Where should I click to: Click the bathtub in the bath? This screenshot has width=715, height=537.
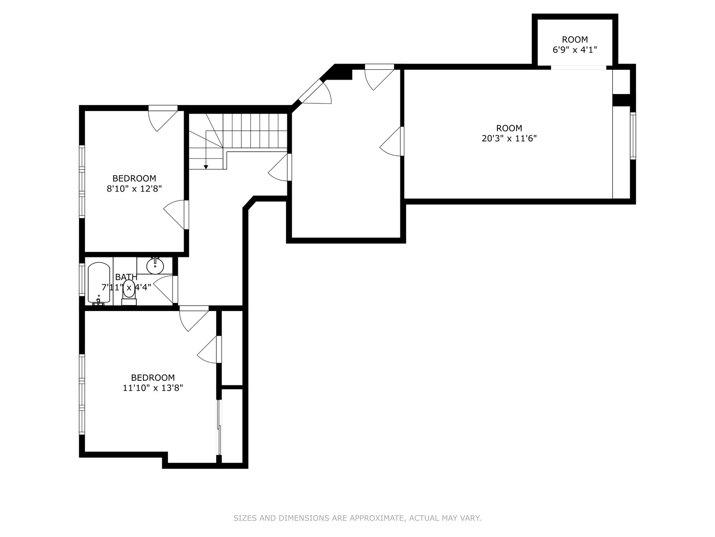point(99,283)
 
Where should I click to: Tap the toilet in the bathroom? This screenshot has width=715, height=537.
point(129,292)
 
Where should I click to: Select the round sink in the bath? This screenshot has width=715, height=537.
point(155,266)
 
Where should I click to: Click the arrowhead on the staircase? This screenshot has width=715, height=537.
point(206,167)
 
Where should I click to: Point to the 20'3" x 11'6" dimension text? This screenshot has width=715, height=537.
point(509,139)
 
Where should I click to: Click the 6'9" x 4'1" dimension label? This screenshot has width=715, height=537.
point(575,50)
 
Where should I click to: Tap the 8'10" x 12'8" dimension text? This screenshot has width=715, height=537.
point(134,189)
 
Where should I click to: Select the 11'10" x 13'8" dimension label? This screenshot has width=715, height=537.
point(153,388)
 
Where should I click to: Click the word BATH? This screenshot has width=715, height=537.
point(126,277)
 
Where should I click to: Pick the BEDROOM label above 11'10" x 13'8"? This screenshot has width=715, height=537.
point(153,378)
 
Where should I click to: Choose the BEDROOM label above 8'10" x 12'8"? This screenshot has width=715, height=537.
point(134,179)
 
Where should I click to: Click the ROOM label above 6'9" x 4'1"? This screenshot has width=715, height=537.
point(575,40)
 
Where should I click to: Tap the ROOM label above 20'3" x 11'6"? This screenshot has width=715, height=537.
point(509,128)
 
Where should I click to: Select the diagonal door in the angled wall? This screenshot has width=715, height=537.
point(315,92)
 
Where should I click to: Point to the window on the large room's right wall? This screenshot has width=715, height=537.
point(633,136)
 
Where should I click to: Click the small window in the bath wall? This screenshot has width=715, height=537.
point(82,279)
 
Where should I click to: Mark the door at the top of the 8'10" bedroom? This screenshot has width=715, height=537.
point(163,118)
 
